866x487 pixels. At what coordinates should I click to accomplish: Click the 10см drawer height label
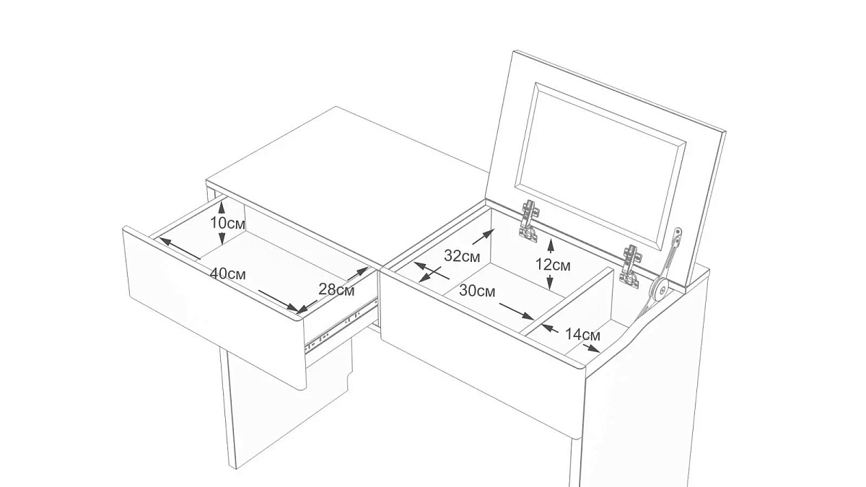coord(227,224)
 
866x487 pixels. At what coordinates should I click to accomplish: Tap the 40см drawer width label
coord(228,274)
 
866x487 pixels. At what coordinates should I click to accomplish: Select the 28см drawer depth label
coord(336,289)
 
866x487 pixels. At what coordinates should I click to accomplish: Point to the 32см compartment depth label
coord(463,256)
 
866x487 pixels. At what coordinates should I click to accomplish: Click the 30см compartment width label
coord(477,291)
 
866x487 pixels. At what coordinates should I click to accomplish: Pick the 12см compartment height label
coord(553,266)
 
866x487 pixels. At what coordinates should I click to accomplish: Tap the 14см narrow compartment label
coord(582,335)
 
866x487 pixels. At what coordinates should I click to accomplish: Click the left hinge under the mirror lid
coord(528,221)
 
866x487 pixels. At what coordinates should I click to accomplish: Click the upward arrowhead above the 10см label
coord(222,208)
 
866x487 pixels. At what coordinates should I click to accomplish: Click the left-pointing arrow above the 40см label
coord(180,247)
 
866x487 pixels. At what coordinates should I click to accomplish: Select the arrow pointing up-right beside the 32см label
coord(484,237)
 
